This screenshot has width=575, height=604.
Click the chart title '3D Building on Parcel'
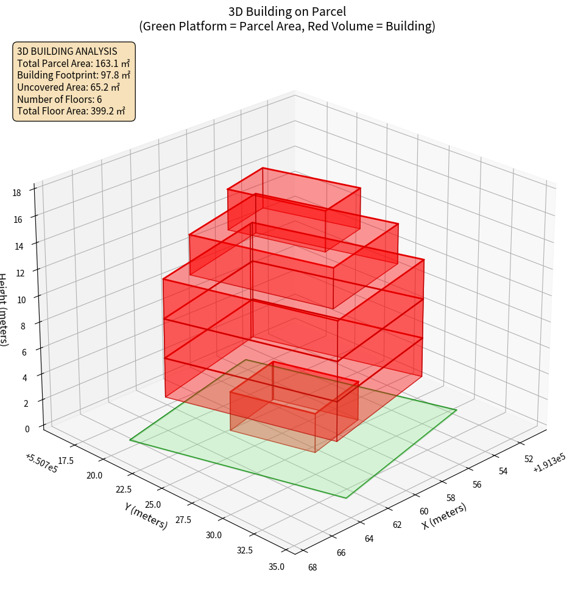point(287,12)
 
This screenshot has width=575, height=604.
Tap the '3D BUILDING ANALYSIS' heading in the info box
point(67,51)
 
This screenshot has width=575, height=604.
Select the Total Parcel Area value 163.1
point(107,63)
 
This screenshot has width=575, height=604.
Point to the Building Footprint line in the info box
point(73,75)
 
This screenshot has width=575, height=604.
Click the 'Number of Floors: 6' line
point(59,99)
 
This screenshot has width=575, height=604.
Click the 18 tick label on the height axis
point(16,193)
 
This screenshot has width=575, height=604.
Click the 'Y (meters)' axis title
point(146,515)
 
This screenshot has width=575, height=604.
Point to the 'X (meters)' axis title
point(444,516)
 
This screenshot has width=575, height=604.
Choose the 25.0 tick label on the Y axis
point(153,505)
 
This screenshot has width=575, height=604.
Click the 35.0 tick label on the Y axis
point(275,567)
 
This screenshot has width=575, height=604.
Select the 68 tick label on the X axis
point(312,567)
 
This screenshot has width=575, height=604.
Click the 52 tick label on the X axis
point(528,459)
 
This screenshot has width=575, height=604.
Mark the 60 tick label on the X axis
point(424,511)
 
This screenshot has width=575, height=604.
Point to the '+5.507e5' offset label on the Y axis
point(41,464)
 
